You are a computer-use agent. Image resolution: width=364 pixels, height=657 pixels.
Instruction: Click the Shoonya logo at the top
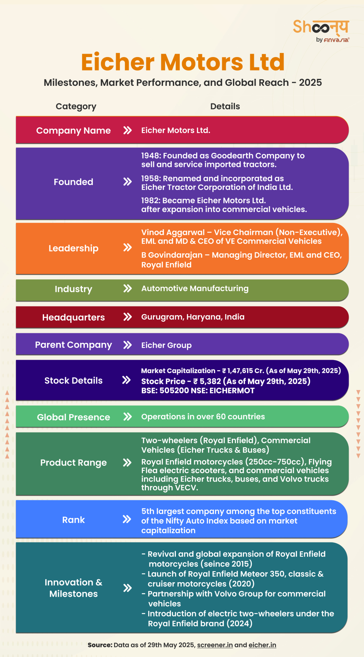pyautogui.click(x=321, y=31)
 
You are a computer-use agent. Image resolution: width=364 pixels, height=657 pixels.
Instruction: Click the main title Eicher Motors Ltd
pyautogui.click(x=183, y=62)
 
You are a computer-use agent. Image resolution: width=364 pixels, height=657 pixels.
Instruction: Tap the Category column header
pyautogui.click(x=76, y=106)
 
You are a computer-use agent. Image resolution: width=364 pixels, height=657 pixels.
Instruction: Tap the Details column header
pyautogui.click(x=225, y=106)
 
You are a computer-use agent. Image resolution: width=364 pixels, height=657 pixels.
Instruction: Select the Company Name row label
pyautogui.click(x=73, y=131)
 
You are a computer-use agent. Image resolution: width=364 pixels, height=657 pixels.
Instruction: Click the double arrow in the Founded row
pyautogui.click(x=127, y=182)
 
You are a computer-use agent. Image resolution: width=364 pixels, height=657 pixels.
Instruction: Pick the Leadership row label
pyautogui.click(x=73, y=248)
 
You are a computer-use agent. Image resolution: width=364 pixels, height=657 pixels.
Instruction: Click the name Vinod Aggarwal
pyautogui.click(x=173, y=233)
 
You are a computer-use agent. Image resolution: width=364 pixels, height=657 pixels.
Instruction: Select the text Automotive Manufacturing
pyautogui.click(x=195, y=288)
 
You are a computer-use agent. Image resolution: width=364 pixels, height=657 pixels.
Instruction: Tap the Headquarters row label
pyautogui.click(x=73, y=317)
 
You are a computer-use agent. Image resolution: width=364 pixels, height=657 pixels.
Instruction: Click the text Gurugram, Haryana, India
pyautogui.click(x=193, y=317)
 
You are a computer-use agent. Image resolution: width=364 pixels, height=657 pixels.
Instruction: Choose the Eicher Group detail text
pyautogui.click(x=166, y=345)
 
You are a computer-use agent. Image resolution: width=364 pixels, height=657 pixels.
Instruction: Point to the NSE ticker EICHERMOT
pyautogui.click(x=232, y=391)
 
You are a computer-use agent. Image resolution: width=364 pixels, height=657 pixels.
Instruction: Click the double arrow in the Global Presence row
pyautogui.click(x=127, y=417)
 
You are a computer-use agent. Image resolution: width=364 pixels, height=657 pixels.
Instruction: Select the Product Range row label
pyautogui.click(x=73, y=463)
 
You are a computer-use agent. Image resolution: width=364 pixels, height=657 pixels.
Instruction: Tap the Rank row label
pyautogui.click(x=73, y=520)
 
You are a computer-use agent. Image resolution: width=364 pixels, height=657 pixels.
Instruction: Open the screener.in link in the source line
pyautogui.click(x=215, y=645)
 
